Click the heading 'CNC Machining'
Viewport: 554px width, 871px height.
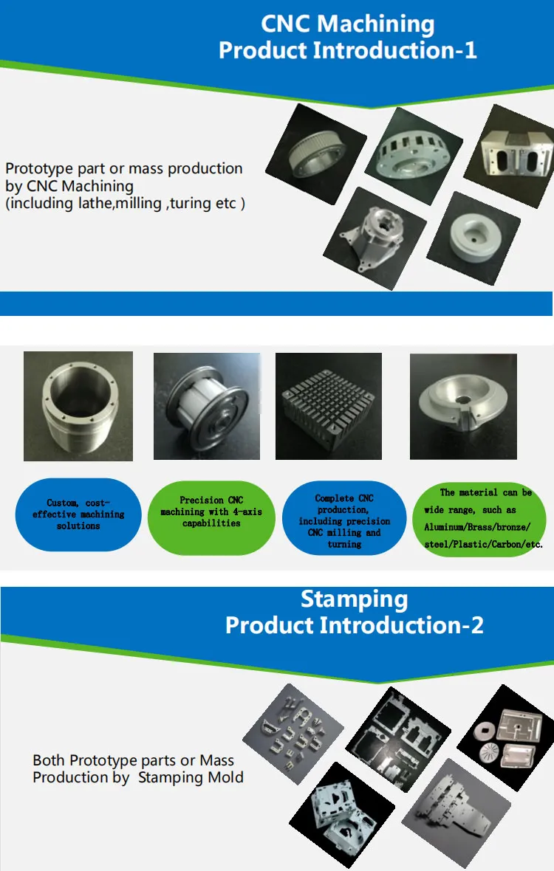[347, 24]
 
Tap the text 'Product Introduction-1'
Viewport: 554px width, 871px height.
[347, 50]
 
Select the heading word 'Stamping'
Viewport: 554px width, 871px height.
[354, 599]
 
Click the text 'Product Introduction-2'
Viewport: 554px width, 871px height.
[354, 625]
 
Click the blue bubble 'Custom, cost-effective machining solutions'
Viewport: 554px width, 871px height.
[78, 514]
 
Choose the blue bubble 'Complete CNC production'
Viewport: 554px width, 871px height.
[344, 520]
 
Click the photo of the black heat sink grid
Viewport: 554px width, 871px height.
[329, 406]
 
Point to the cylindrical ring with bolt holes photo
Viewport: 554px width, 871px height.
[78, 406]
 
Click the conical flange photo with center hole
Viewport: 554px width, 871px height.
[463, 406]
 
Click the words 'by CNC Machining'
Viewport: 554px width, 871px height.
[69, 186]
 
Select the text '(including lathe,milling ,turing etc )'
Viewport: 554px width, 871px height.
[126, 203]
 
